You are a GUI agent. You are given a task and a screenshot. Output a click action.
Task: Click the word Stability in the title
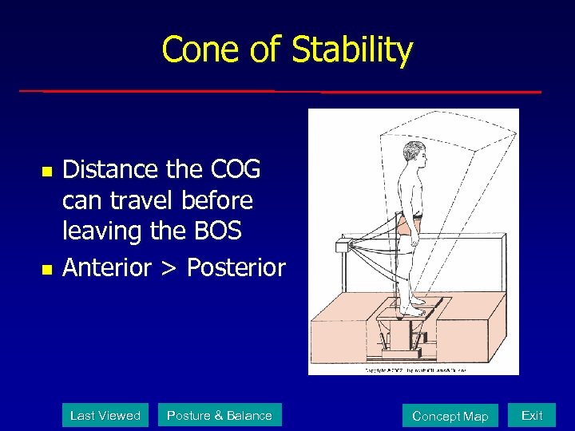coord(352,50)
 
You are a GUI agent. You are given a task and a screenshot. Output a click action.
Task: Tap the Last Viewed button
coord(105,415)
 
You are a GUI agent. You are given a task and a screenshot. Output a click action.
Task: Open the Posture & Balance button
coord(220,415)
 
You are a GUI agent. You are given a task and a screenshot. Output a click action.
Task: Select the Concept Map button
coord(450,416)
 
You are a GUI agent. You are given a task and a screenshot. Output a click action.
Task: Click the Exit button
coord(532,415)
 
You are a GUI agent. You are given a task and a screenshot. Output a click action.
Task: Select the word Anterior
coord(107,267)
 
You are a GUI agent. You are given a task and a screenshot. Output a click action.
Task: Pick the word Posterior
coord(236,267)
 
